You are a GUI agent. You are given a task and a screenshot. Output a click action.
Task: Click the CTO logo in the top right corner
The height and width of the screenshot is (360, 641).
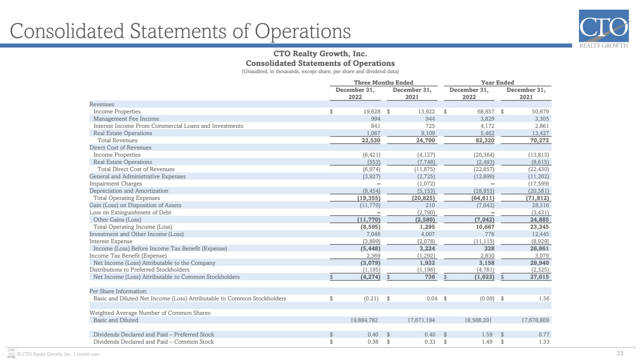point(604,29)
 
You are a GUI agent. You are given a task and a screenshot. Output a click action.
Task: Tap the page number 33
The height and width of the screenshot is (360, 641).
point(620,353)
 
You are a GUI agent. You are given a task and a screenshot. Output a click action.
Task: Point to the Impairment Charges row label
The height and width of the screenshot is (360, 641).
point(115,184)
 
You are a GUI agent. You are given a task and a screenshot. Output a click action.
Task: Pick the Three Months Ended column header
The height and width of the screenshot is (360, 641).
point(383,83)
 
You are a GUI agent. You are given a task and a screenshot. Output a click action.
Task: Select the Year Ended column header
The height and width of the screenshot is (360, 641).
point(497,83)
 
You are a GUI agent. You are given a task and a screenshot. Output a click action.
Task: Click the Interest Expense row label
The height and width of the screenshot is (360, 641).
point(111,241)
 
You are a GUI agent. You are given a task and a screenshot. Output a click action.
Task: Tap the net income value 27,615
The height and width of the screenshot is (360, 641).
point(540,277)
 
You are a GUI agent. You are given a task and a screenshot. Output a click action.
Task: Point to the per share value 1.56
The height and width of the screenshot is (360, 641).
point(544,298)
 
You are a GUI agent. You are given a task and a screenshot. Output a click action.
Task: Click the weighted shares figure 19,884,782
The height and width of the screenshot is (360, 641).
point(364,320)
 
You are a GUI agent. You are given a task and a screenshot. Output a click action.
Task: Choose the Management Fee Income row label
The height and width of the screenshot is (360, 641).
point(126,119)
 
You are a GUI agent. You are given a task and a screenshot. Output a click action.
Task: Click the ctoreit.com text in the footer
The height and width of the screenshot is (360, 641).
point(88,354)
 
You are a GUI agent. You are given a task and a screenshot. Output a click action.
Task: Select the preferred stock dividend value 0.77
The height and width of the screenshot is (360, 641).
point(544,335)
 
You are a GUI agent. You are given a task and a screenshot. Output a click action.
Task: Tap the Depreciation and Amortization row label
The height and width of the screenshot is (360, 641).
point(129,191)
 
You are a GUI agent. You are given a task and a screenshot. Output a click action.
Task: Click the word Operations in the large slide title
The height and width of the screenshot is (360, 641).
point(303,31)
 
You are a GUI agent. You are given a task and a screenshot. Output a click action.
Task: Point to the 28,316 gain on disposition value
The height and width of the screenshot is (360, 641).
point(540,205)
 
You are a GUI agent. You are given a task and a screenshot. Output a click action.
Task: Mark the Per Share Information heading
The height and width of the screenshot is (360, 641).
point(118,291)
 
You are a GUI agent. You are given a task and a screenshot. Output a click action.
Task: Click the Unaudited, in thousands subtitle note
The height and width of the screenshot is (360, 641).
point(320,72)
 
